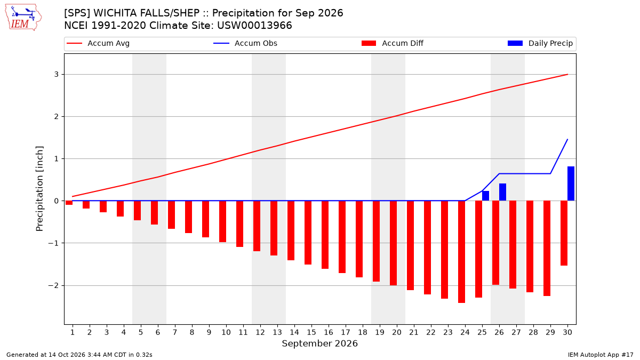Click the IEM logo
pos(23,18)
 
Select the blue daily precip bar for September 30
pos(571,183)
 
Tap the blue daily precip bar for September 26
pos(502,192)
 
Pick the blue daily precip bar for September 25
pos(485,196)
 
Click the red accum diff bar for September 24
pos(461,252)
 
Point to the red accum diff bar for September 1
pos(69,203)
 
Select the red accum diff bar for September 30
pos(564,233)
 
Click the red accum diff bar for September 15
pos(308,233)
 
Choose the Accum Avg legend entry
pos(98,43)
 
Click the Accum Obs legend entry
pos(245,43)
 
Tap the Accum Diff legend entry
pos(393,43)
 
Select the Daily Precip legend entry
pos(540,43)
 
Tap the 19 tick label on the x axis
pos(379,332)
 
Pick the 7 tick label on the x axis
pos(174,332)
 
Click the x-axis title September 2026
pos(319,343)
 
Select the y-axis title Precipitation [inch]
pos(39,189)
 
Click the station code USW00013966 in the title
pos(254,26)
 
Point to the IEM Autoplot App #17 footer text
pos(601,355)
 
